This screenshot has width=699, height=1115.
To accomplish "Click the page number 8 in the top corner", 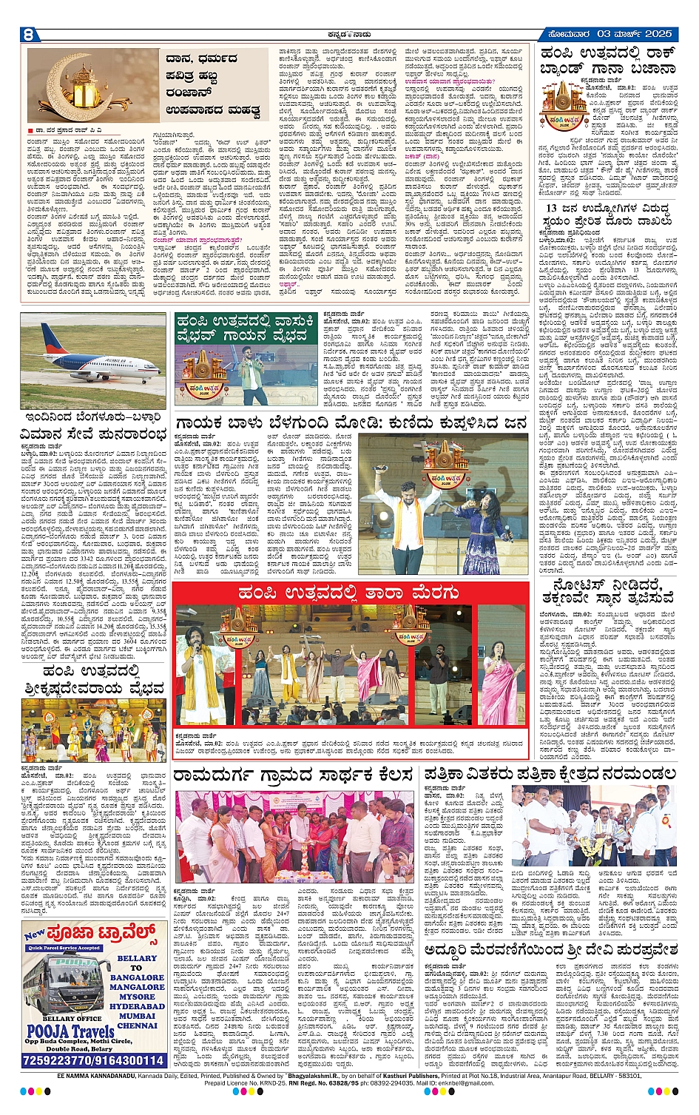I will click(29, 34).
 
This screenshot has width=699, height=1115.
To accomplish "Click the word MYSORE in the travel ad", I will click(137, 997).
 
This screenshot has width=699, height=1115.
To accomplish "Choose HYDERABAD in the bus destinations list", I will click(137, 1006).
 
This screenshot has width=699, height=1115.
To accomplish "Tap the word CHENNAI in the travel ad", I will click(137, 1025).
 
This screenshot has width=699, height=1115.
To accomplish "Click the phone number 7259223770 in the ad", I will click(58, 1060).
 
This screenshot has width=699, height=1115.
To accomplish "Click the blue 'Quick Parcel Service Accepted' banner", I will click(64, 948).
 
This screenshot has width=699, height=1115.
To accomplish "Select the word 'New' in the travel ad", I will click(35, 934).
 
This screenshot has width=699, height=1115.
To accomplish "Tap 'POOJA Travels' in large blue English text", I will click(71, 1031).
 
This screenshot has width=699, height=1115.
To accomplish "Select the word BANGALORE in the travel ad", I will click(137, 977).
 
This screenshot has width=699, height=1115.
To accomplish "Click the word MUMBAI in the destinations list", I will click(137, 1016).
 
